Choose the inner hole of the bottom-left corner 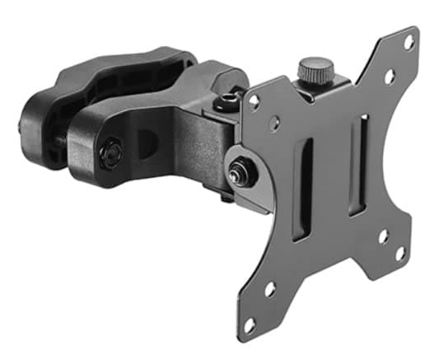pos(268,289)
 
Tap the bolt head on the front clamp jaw pos(111,152)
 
